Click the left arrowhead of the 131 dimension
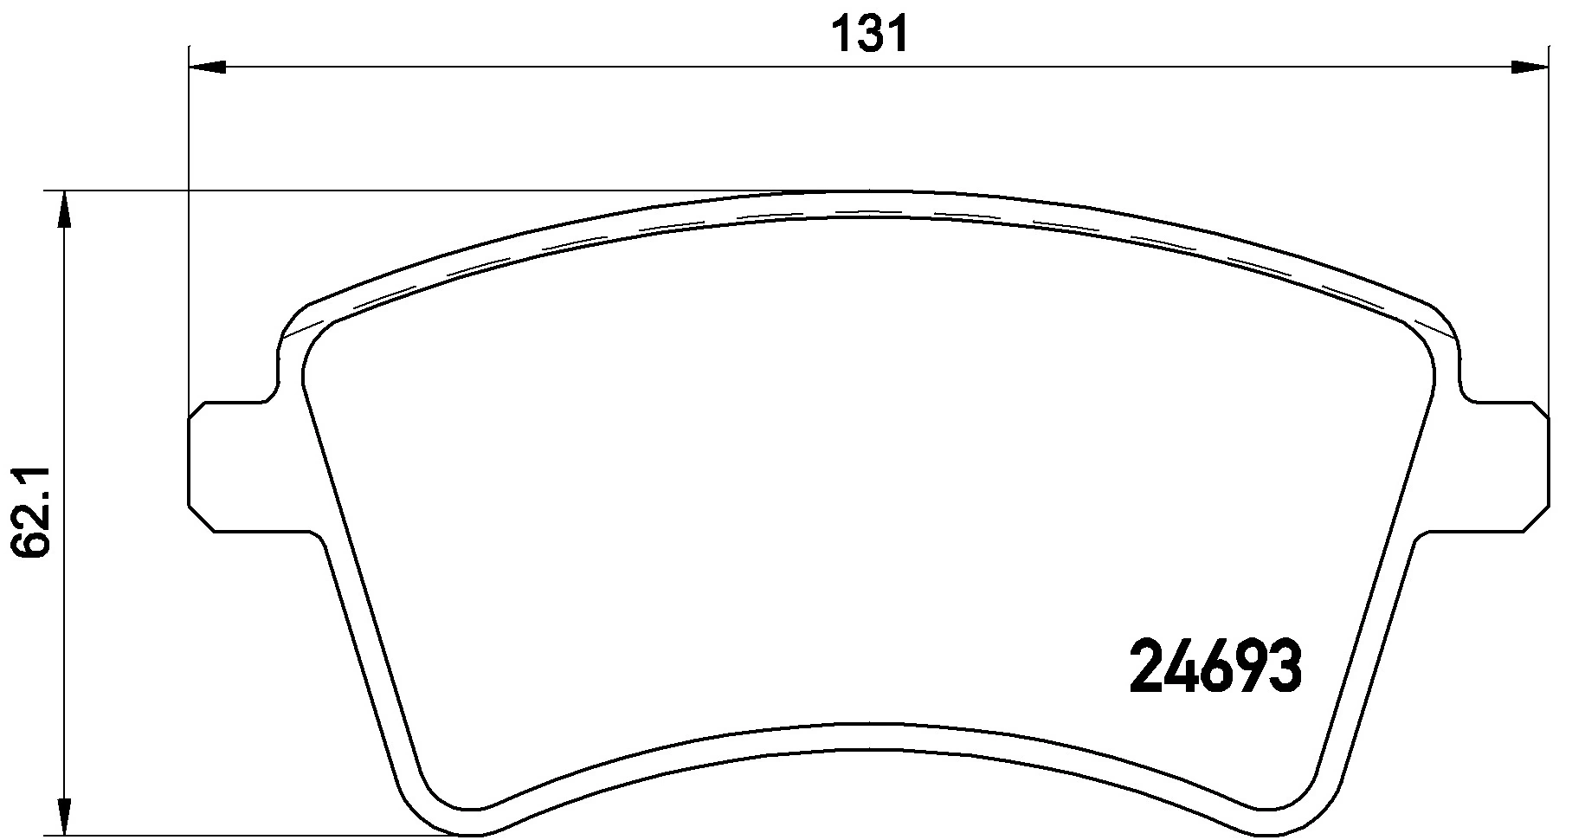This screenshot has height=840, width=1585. pos(206,67)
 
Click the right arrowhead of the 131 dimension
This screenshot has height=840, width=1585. pos(1530,67)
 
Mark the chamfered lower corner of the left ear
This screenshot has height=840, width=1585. pos(201,518)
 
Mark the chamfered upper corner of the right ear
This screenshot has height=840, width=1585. pos(1537,412)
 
